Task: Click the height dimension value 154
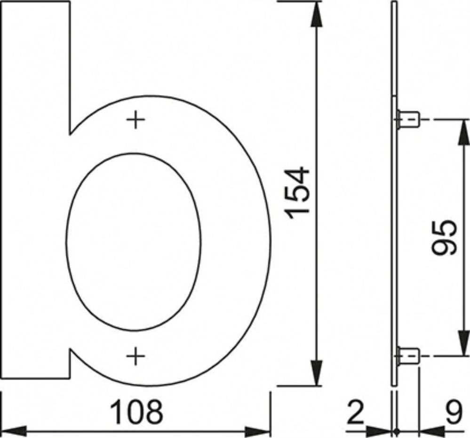(x=297, y=193)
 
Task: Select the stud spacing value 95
(x=444, y=237)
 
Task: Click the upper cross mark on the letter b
(x=136, y=120)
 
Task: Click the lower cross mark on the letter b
(x=136, y=356)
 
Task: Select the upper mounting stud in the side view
(x=407, y=120)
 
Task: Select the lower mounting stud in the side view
(x=407, y=356)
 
